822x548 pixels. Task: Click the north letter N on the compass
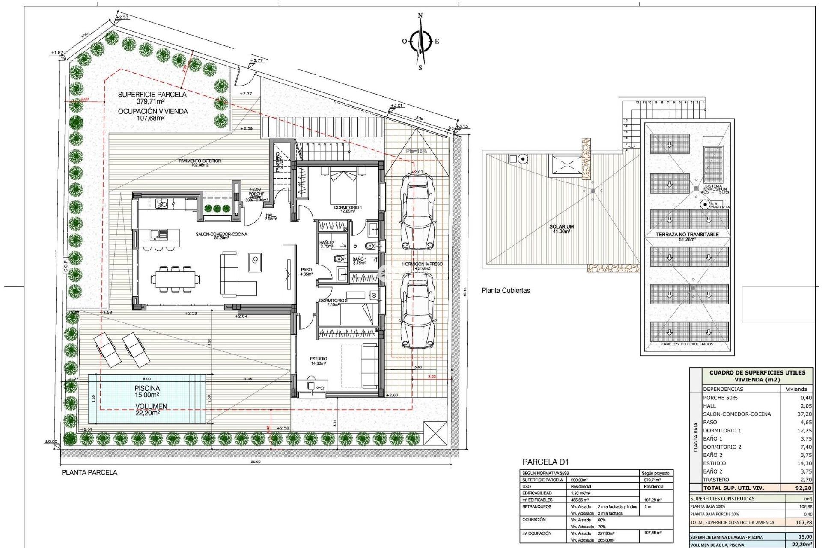[420, 15]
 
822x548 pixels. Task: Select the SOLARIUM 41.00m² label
[561, 229]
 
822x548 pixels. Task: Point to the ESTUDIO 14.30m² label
[319, 361]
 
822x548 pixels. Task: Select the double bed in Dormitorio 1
[343, 187]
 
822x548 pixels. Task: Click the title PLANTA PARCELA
[89, 472]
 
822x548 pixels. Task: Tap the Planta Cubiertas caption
[506, 290]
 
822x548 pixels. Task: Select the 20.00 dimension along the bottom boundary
[256, 462]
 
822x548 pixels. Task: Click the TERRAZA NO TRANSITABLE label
[687, 235]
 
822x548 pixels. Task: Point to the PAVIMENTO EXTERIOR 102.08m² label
[200, 163]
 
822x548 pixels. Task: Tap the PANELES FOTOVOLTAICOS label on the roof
[687, 344]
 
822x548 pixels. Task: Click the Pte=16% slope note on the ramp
[416, 151]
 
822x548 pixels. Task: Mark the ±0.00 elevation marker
[51, 441]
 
